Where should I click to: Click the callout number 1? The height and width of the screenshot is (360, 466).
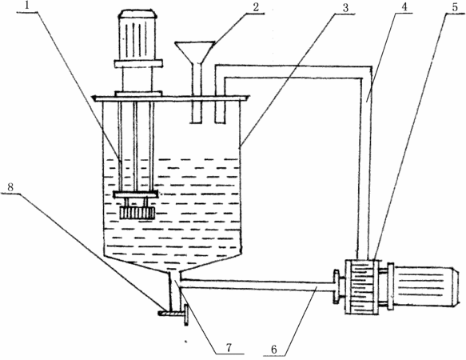[27, 6]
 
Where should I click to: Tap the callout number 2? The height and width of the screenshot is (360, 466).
[256, 7]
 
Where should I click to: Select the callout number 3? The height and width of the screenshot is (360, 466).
[345, 8]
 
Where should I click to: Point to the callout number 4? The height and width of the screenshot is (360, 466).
[404, 7]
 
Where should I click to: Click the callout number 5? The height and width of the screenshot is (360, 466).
[455, 7]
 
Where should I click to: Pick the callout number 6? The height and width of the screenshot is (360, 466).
[273, 350]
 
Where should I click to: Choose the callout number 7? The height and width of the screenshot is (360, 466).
[229, 348]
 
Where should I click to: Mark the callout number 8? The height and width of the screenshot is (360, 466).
[10, 187]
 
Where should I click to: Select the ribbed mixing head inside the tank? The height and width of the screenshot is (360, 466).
[137, 213]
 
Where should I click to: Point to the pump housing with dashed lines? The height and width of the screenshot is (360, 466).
[361, 286]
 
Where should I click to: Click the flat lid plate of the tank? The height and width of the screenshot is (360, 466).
[171, 98]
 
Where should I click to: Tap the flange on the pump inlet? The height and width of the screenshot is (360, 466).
[337, 286]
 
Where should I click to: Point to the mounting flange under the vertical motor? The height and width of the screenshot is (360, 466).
[138, 63]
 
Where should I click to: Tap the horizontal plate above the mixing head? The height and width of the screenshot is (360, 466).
[136, 194]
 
